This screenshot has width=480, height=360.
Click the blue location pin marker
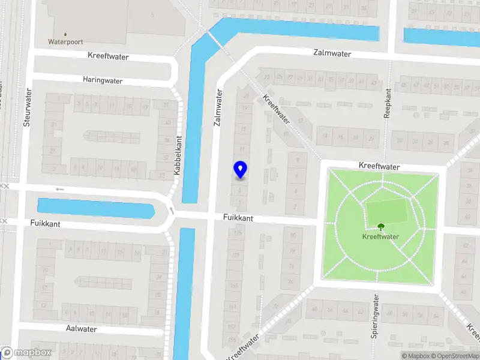[240, 170]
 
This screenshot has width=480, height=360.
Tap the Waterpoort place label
[65, 42]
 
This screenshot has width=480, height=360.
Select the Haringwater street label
[103, 80]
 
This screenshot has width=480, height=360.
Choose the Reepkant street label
[388, 103]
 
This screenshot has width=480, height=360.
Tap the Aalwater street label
[81, 329]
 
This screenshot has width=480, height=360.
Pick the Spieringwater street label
[374, 316]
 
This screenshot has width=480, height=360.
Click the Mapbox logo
[26, 353]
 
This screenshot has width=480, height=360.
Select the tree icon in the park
[380, 227]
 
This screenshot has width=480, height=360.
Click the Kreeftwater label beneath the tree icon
[380, 236]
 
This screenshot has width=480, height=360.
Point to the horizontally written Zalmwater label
[332, 53]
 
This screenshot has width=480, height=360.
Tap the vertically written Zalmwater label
[218, 107]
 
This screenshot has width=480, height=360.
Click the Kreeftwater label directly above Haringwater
[116, 56]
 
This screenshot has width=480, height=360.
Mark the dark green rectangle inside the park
[386, 212]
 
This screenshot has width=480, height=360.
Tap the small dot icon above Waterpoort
[65, 34]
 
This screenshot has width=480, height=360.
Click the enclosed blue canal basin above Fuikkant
[95, 208]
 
